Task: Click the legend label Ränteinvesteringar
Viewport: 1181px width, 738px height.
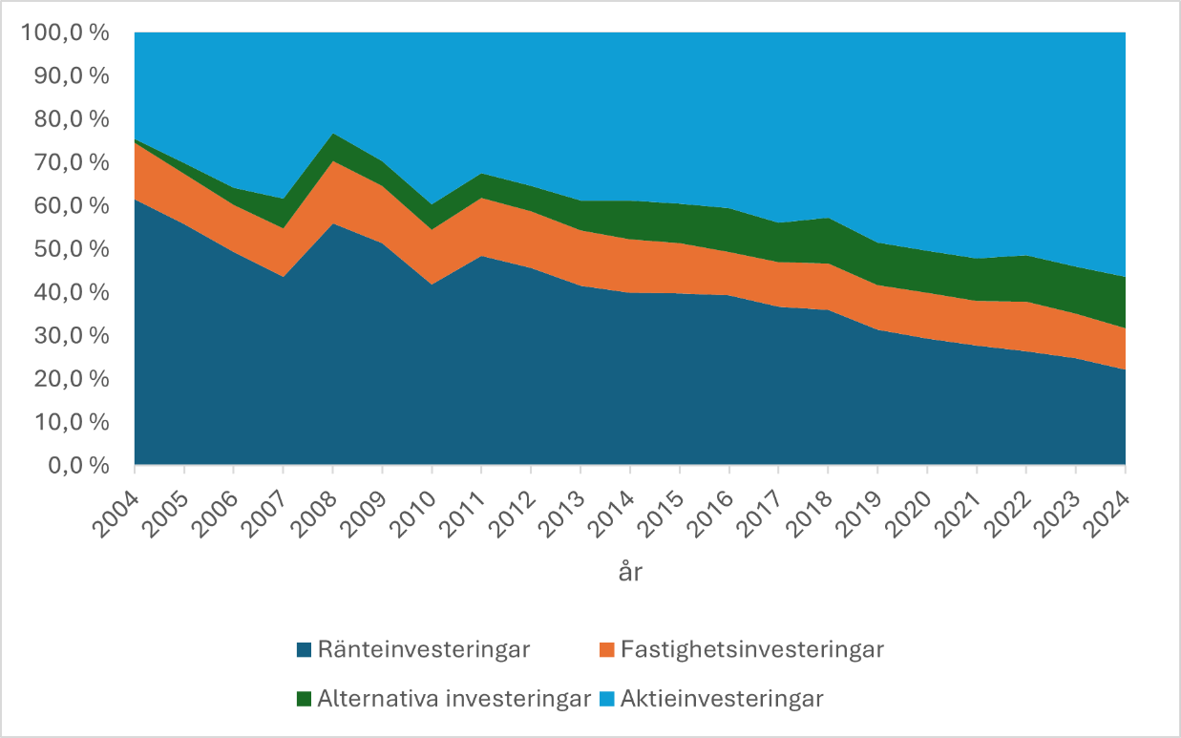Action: [424, 650]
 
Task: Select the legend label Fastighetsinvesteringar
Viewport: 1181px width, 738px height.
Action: [751, 650]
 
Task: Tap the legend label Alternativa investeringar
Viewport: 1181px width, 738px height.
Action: [454, 699]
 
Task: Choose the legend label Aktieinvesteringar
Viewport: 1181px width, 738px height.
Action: [722, 699]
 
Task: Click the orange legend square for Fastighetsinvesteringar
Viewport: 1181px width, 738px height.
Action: [606, 650]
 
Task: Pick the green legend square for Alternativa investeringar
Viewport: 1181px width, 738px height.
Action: [305, 699]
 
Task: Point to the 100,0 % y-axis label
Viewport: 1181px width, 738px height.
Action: [65, 33]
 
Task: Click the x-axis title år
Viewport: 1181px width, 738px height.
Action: [629, 572]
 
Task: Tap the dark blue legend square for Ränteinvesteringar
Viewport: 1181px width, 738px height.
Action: [305, 650]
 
